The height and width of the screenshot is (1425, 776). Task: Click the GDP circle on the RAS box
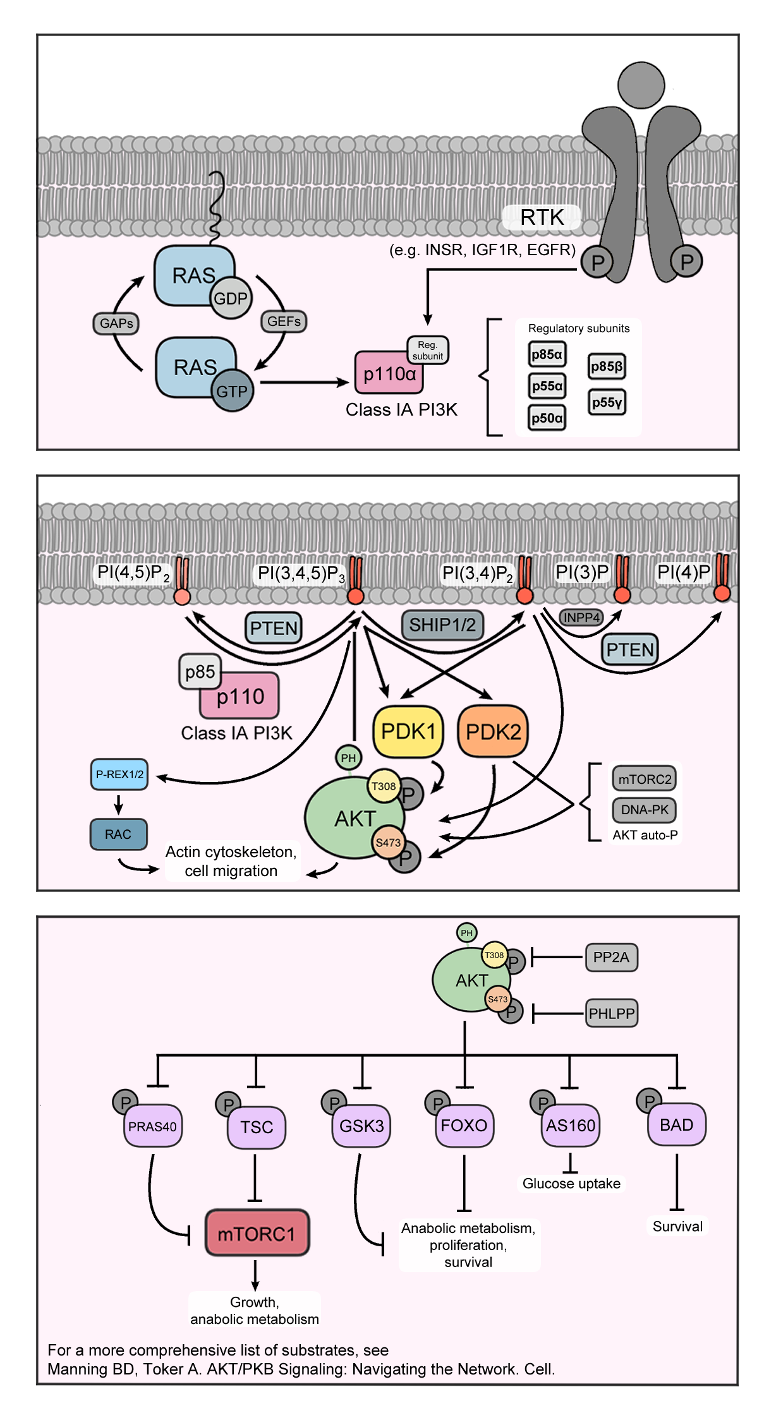click(x=231, y=298)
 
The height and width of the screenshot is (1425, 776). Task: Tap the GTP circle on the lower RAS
click(x=232, y=391)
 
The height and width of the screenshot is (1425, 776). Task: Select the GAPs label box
click(x=116, y=323)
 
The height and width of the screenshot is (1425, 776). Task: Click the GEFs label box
click(x=284, y=321)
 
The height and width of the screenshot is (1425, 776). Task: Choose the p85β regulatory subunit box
click(x=607, y=366)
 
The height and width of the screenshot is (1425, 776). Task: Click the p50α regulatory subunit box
click(x=547, y=418)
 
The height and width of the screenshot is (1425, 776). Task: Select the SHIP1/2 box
click(x=442, y=625)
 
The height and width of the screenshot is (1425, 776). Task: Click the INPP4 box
click(x=581, y=617)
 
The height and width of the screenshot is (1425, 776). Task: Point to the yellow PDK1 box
click(x=408, y=731)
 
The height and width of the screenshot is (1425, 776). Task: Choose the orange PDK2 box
click(x=493, y=731)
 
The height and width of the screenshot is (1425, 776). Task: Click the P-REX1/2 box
click(x=119, y=774)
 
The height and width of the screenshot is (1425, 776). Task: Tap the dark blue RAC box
click(x=118, y=834)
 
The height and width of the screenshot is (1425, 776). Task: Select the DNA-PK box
click(x=644, y=810)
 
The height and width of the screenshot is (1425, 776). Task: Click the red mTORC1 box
click(x=257, y=1232)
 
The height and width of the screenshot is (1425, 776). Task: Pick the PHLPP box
click(x=611, y=1013)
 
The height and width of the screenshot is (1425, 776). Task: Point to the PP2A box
click(x=611, y=957)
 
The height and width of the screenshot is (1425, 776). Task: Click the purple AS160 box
click(x=571, y=1125)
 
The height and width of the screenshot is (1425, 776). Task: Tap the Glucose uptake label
click(x=571, y=1183)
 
